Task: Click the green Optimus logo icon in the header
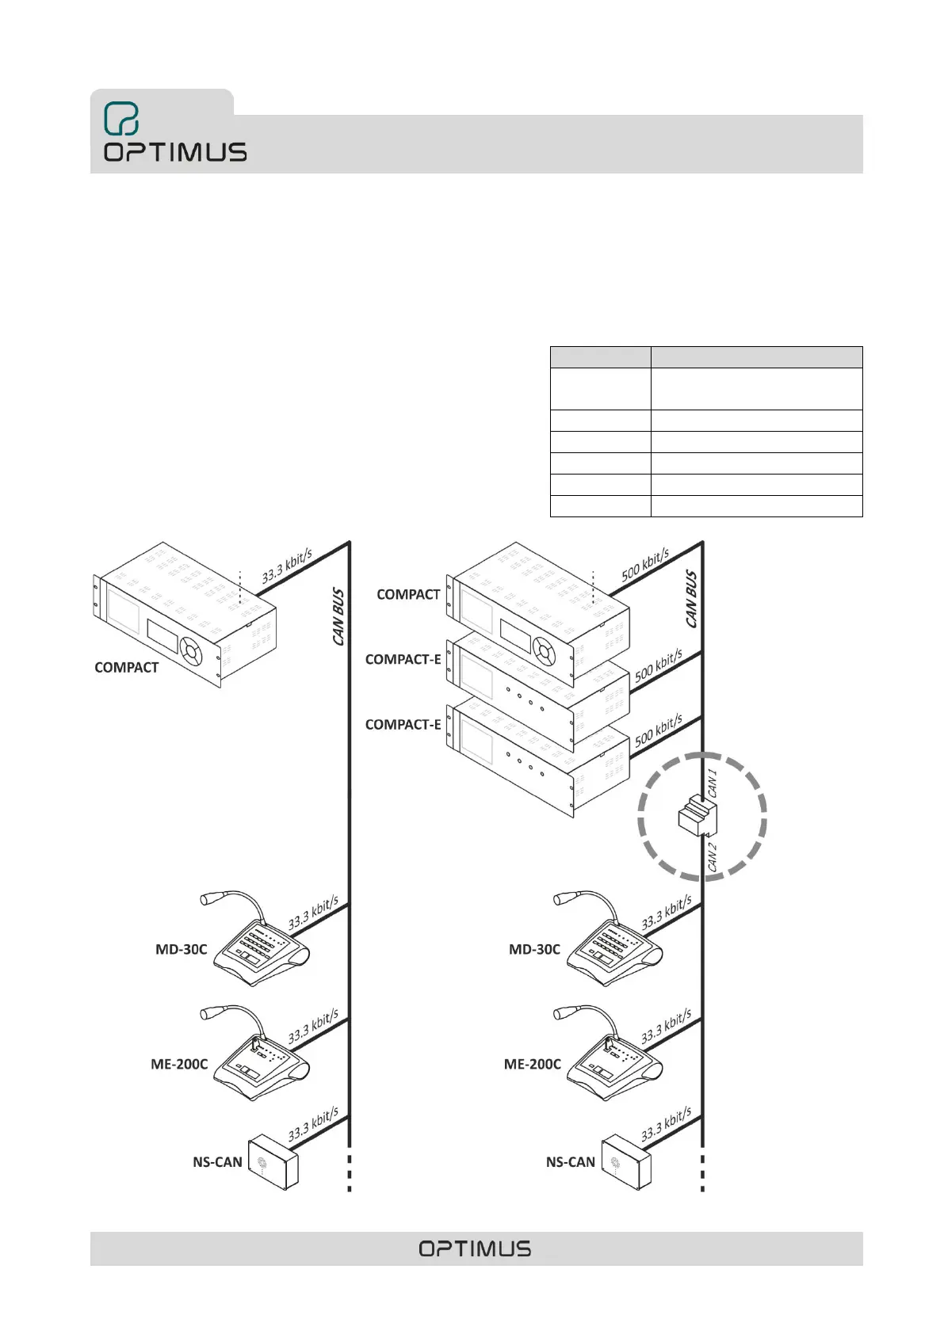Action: pos(121,119)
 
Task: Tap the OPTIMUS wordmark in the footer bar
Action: pos(475,1248)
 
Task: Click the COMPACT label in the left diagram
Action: pos(126,668)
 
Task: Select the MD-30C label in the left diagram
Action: pos(181,949)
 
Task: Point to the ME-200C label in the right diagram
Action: pos(532,1065)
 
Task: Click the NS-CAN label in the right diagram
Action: pos(570,1162)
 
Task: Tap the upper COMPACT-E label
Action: pos(403,659)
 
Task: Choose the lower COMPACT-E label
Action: pos(403,725)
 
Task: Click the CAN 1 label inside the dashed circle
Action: pos(713,783)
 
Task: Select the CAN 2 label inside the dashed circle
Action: pos(712,858)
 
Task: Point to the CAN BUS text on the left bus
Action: pos(338,616)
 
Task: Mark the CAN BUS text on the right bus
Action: pos(692,599)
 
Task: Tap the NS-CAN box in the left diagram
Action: pos(273,1161)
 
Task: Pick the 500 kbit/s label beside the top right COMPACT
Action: pos(645,564)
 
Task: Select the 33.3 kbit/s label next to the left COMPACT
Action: pos(287,566)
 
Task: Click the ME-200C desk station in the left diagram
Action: pos(266,1066)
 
